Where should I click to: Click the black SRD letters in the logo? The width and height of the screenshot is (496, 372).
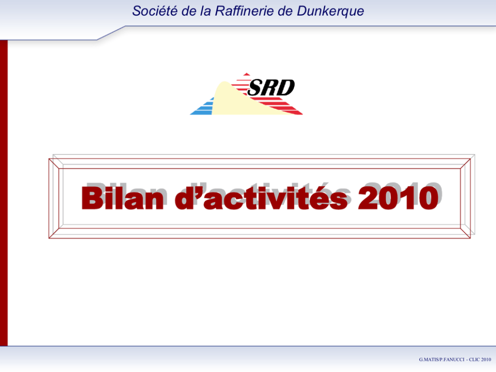(x=271, y=87)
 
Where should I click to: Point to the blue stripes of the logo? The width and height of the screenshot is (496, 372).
(x=202, y=107)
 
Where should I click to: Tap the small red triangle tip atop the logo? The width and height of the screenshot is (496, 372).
(x=246, y=74)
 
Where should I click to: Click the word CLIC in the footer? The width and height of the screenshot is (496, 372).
(x=474, y=359)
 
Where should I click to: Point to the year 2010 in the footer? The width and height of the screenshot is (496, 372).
(x=486, y=359)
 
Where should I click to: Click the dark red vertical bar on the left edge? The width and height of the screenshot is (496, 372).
(x=4, y=193)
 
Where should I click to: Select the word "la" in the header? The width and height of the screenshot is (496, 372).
(x=205, y=11)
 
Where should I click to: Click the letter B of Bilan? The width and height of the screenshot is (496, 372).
(x=91, y=198)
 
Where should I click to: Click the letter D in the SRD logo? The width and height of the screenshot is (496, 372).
(x=287, y=87)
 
